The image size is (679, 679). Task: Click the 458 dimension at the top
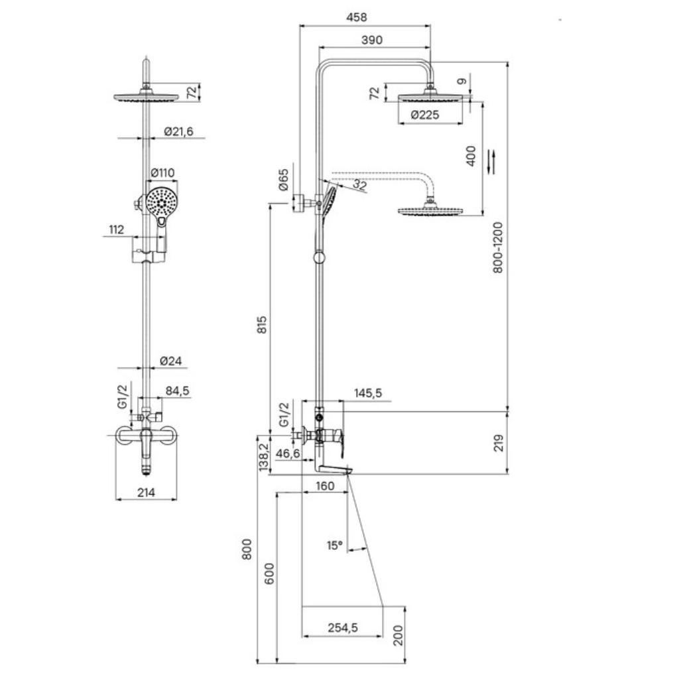pos(356,17)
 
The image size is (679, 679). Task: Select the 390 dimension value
pos(371,40)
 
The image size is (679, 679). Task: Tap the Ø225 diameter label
pos(424,115)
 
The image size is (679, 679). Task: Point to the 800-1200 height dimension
pos(499,247)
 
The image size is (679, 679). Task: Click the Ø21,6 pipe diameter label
pos(178,131)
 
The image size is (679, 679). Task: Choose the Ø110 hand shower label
pos(162,173)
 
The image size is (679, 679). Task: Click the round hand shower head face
pos(161,202)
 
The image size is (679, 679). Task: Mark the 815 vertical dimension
pos(262,325)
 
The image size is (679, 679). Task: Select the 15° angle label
pos(335,545)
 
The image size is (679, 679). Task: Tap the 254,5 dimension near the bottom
pos(343,627)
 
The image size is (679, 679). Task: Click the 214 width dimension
pos(147,493)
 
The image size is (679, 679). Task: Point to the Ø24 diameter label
pos(170,361)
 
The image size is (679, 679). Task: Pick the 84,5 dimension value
pos(178,391)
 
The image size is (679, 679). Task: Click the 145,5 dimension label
pos(368,393)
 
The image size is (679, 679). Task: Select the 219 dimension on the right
pos(499,443)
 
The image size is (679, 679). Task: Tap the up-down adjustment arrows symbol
pos(491,161)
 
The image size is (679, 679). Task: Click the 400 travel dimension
pos(471,156)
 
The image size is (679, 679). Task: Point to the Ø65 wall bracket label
pos(283,180)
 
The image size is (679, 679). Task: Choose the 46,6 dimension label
pos(288,454)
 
